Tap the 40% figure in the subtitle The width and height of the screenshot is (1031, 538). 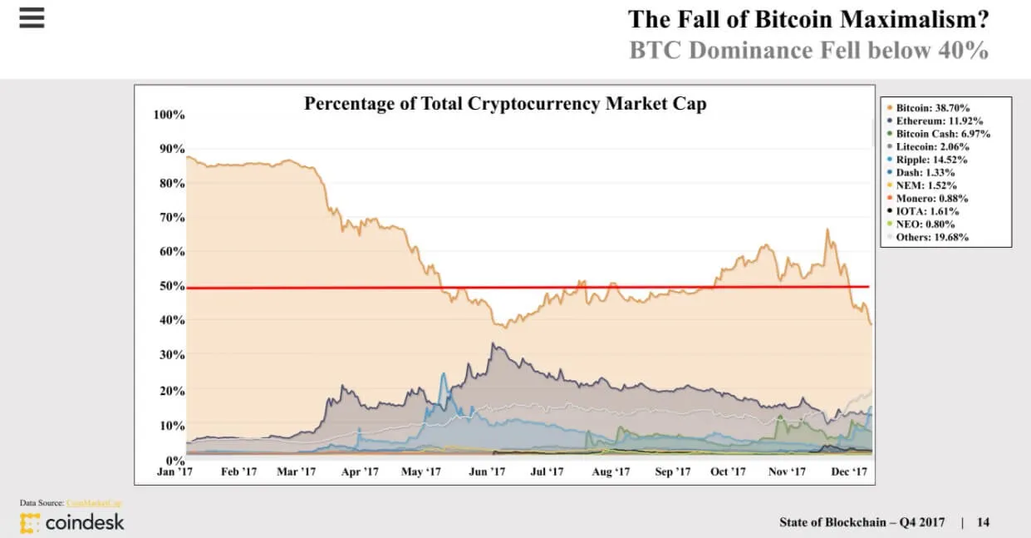click(x=964, y=50)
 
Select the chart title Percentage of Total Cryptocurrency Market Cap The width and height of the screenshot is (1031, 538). click(x=505, y=104)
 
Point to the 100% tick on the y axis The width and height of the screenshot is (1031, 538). click(x=169, y=114)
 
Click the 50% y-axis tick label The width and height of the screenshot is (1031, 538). click(x=171, y=286)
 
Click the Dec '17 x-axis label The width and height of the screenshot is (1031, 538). click(x=849, y=471)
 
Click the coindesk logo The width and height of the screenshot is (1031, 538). click(x=72, y=522)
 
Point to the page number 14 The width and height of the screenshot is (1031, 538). click(x=983, y=522)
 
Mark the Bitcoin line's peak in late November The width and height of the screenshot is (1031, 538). click(x=827, y=230)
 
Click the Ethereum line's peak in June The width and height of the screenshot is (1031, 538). click(x=494, y=343)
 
